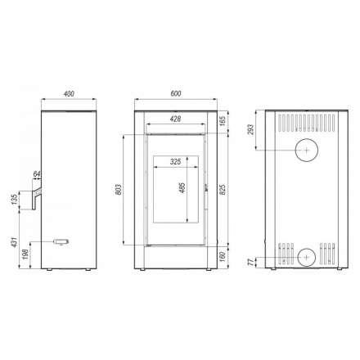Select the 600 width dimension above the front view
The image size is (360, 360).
tap(176, 93)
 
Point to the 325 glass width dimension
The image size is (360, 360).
tap(174, 162)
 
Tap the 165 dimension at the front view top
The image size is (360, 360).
tap(224, 120)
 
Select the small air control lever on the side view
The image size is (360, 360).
tap(61, 241)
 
